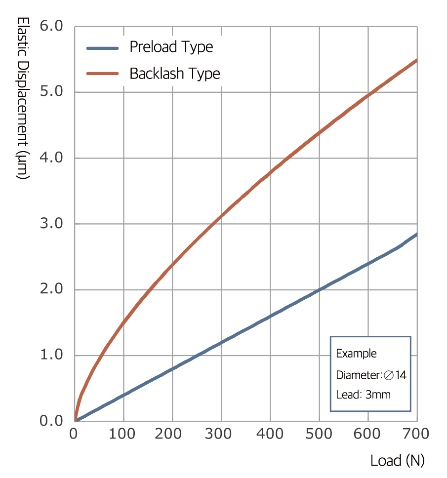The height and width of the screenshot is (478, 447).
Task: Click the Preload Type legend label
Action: (x=171, y=47)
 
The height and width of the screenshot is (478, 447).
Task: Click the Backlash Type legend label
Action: (x=174, y=74)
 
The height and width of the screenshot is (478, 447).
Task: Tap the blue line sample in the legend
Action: (x=103, y=48)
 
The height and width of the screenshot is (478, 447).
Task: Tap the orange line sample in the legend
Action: (x=103, y=74)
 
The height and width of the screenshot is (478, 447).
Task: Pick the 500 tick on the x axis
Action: (x=320, y=434)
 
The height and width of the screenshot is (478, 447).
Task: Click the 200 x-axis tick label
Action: (x=172, y=434)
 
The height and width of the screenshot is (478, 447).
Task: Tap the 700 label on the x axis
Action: (x=416, y=434)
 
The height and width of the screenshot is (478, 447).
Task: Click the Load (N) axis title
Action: (x=398, y=461)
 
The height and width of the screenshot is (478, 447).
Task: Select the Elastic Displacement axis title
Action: (x=23, y=99)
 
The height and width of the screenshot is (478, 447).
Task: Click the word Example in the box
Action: (x=356, y=354)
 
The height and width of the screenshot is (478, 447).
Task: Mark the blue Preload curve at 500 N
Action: (x=320, y=289)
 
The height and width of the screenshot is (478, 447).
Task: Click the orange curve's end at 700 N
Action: (x=416, y=60)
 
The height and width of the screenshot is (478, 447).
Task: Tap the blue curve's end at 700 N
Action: (x=416, y=234)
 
